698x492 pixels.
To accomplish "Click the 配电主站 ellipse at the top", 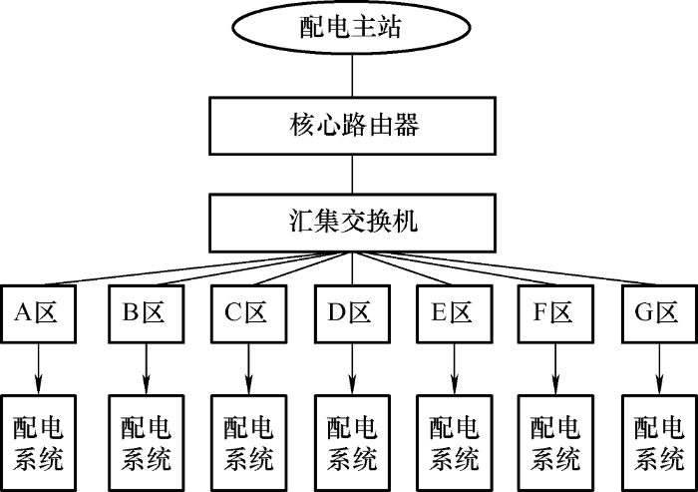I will point(352,27).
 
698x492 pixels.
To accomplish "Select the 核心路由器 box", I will point(352,126).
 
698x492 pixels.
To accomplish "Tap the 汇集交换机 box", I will point(352,221).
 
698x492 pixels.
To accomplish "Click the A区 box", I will point(38,313).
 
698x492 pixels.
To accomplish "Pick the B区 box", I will point(146,313).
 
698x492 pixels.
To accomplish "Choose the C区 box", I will point(248,313).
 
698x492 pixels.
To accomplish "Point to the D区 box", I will point(352,313).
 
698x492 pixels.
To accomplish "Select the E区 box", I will point(454,313).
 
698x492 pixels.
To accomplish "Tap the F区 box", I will point(555,313).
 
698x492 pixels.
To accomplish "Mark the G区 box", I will point(658,313).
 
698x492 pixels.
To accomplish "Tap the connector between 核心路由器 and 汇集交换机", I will point(352,173).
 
